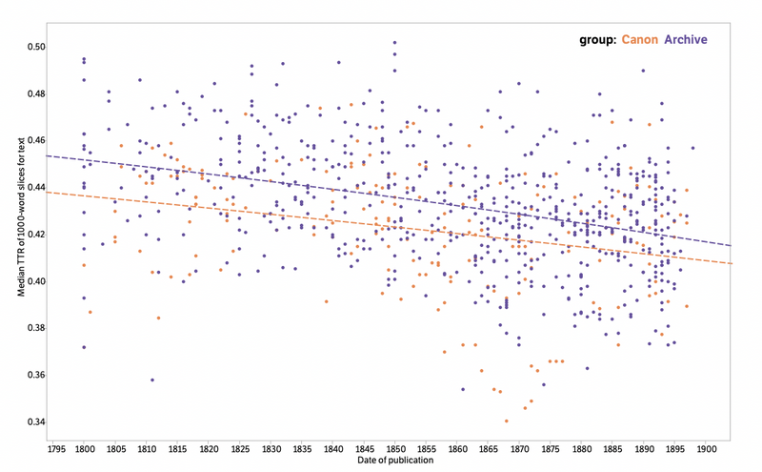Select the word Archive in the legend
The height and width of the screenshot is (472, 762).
[686, 40]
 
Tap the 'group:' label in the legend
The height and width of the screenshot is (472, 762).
[597, 40]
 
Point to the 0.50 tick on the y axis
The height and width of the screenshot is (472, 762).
[35, 47]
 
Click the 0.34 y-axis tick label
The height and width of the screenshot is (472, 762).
[35, 421]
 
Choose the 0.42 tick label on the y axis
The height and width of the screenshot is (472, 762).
[35, 235]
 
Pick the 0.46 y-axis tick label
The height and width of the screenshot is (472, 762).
[35, 140]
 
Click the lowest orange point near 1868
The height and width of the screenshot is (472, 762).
[507, 421]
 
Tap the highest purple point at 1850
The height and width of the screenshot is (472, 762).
[394, 42]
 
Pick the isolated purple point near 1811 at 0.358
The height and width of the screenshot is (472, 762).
[152, 380]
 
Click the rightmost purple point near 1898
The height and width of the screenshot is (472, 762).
[692, 148]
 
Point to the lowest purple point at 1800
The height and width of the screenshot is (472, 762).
[84, 347]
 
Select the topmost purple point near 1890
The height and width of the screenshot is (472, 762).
[644, 71]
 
